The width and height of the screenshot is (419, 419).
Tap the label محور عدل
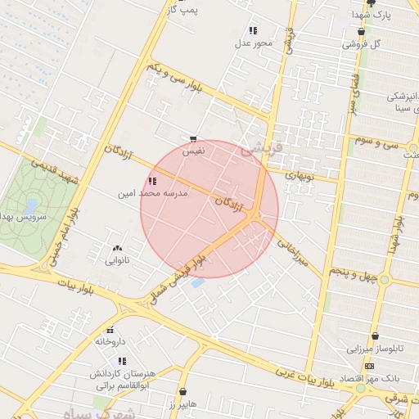(254, 43)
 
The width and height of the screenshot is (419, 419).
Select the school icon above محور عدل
(254, 30)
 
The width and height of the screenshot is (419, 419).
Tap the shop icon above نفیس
(193, 139)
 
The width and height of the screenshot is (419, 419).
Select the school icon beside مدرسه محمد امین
(151, 181)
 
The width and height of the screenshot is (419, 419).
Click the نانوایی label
(116, 260)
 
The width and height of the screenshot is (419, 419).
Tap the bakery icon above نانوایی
(116, 248)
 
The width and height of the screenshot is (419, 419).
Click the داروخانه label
(110, 341)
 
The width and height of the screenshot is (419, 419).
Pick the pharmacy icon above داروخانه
(110, 330)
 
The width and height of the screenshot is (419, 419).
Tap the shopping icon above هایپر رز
(182, 392)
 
